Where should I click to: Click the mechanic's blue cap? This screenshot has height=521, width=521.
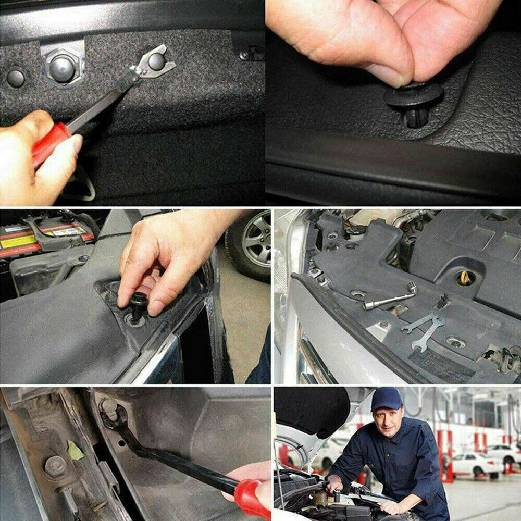(387, 399)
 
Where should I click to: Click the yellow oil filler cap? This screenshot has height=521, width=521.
(465, 278)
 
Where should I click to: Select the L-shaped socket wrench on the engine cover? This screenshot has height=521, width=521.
(391, 297)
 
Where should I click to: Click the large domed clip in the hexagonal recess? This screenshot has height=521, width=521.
(62, 68)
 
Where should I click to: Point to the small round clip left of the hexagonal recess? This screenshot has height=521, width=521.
(15, 78)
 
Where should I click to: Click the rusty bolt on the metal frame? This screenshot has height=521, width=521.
(55, 466)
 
